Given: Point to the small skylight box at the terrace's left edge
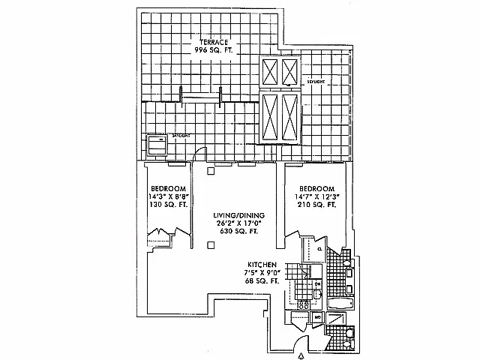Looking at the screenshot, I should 156,144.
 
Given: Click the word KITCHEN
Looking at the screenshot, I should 265,265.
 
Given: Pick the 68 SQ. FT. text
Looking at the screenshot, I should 265,280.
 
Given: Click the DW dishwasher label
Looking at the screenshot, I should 317,283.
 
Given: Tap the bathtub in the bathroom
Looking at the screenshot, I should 341,304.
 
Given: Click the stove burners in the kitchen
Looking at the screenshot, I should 304,304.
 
